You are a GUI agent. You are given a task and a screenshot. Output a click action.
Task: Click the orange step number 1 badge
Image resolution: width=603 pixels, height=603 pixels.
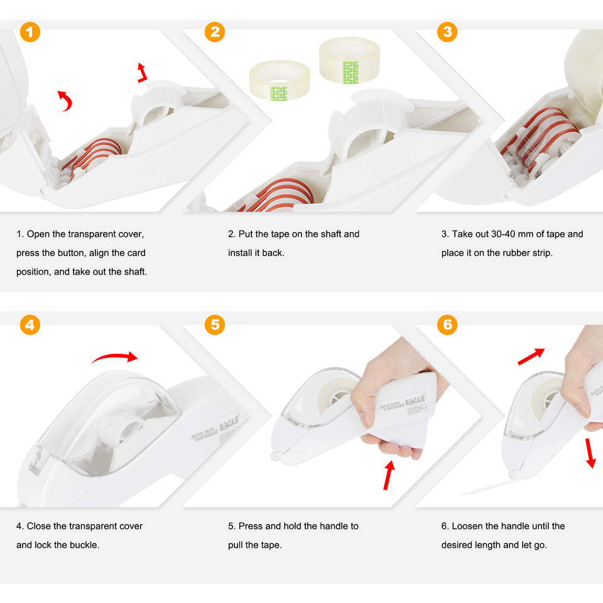[x=30, y=32]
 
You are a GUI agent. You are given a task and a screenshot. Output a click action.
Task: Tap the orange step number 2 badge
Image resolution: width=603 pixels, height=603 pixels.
[x=215, y=32]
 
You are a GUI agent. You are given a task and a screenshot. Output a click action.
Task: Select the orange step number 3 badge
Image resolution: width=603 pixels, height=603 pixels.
[x=447, y=32]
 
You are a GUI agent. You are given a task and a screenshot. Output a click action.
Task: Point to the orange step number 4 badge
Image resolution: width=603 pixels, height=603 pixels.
[x=30, y=325]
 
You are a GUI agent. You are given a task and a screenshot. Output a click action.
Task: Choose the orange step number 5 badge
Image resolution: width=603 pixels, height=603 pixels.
[x=215, y=325]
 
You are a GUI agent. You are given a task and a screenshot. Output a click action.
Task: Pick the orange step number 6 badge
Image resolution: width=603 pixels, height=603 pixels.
[x=447, y=325]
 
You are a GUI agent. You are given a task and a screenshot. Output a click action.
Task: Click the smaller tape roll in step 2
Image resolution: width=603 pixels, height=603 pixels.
[x=280, y=80]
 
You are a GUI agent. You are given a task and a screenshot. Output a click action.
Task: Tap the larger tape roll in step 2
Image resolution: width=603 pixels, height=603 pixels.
[x=349, y=60]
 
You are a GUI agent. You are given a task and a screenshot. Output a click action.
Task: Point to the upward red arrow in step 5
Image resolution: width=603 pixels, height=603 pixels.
[x=389, y=474]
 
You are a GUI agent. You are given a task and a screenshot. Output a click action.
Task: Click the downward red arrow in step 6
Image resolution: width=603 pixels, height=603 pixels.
[x=590, y=452]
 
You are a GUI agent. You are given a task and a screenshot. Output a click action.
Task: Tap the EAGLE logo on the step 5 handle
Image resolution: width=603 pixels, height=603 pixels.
[x=415, y=400]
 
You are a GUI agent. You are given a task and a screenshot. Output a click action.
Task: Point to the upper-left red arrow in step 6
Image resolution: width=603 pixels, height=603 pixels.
[x=531, y=356]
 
